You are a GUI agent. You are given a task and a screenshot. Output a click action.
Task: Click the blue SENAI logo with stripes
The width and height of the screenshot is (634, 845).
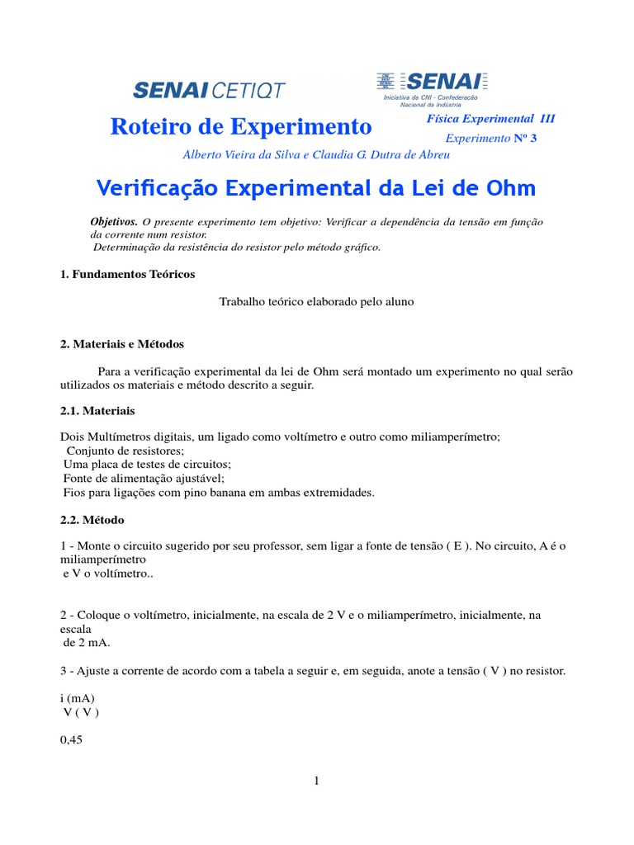point(433,82)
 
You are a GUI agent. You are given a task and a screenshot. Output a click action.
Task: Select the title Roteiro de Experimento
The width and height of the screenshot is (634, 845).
point(241,127)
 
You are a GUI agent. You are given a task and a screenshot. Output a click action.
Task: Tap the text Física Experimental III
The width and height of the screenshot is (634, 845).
point(490,119)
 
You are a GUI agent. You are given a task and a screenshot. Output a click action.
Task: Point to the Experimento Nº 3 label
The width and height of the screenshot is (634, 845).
point(491,139)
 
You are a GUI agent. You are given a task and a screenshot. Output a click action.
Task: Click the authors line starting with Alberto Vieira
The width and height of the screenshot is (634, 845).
point(316,154)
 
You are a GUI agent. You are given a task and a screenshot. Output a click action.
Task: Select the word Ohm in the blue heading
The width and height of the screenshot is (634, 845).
point(511,188)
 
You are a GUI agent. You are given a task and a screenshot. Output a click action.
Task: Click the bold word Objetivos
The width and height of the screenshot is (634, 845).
point(114,223)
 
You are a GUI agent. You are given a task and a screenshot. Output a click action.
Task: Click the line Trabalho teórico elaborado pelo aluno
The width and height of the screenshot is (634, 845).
point(316,302)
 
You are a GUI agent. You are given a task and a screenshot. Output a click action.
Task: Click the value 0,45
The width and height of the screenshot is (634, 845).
point(73,739)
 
